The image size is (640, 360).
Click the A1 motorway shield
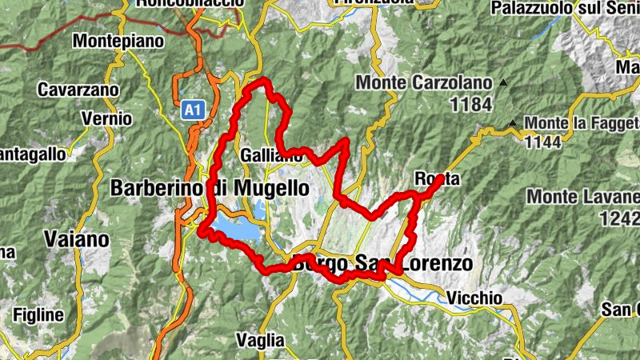point(190,110)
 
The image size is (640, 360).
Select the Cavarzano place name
point(78,89)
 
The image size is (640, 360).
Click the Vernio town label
point(106,118)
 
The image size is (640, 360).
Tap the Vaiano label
point(78,238)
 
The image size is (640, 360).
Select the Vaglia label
point(260,340)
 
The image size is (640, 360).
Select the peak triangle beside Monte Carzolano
point(503,82)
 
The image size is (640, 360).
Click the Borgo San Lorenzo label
point(384,263)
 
